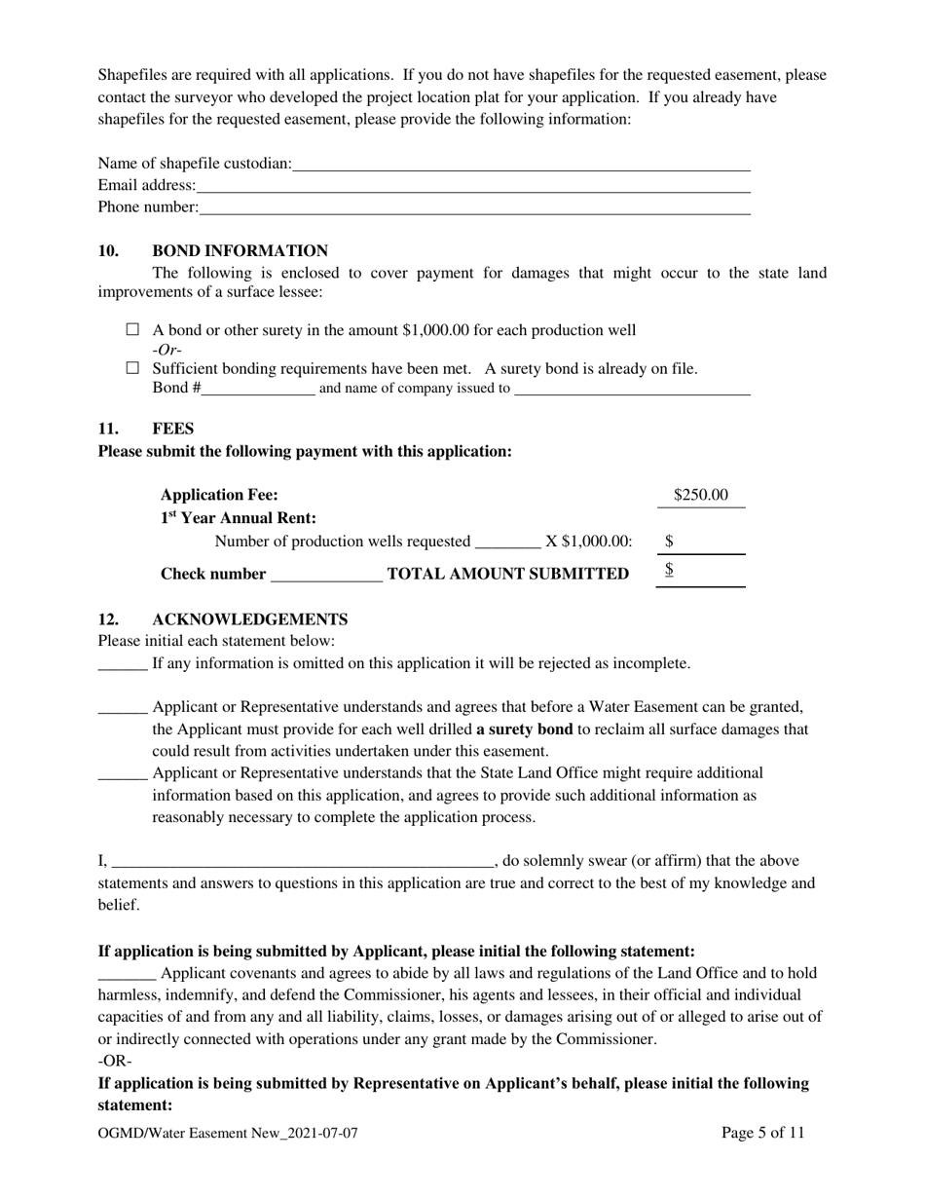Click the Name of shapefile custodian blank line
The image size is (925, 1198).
[521, 165]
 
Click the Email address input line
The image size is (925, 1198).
[472, 186]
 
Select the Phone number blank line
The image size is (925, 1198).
[474, 207]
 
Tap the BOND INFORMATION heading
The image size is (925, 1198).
[240, 251]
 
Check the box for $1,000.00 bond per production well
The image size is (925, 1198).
[133, 330]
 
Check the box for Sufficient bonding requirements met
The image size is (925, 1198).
[133, 369]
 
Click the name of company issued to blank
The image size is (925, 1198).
[632, 389]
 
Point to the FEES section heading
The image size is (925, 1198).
[173, 429]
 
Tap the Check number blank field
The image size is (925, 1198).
[326, 575]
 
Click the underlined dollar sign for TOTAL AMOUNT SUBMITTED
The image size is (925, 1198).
[669, 571]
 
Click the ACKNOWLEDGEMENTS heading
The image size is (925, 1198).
[249, 619]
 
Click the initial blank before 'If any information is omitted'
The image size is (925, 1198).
[123, 664]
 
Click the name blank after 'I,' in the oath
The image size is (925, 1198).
[303, 862]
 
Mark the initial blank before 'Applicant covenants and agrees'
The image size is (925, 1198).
[127, 974]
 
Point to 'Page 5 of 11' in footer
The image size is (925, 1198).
[763, 1133]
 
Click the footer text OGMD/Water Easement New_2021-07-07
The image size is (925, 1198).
[235, 1134]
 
